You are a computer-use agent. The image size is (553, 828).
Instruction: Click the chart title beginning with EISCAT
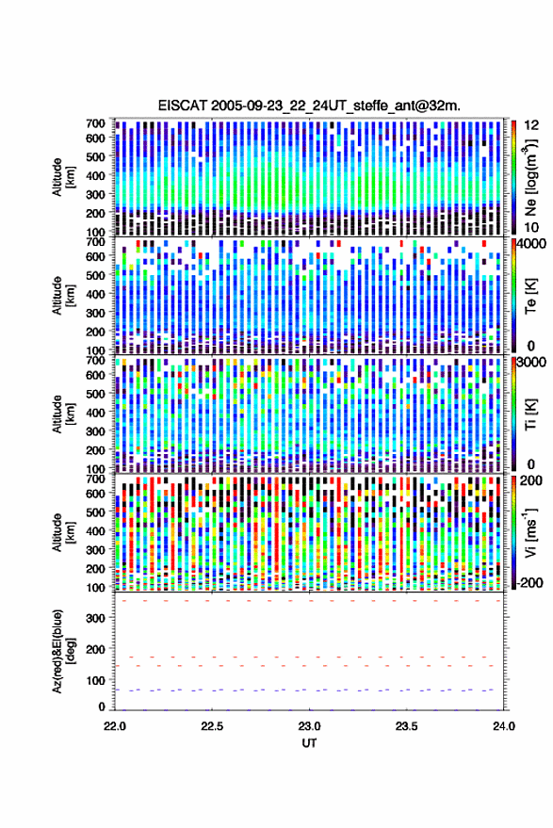[x=309, y=106]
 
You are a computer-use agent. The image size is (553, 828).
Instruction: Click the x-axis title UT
[x=309, y=743]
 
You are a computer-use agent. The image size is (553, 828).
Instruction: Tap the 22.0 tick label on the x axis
[x=115, y=726]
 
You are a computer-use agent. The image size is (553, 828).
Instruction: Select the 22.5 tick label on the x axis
[x=212, y=726]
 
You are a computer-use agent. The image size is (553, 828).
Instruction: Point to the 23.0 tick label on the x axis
[x=309, y=726]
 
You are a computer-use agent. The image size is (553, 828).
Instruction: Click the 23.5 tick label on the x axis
[x=406, y=726]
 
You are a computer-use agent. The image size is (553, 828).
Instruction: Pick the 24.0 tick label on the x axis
[x=504, y=726]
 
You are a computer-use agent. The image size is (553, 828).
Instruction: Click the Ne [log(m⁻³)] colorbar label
[x=530, y=177]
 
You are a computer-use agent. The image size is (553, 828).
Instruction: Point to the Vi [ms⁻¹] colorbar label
[x=530, y=532]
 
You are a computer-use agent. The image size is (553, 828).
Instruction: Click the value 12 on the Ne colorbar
[x=531, y=125]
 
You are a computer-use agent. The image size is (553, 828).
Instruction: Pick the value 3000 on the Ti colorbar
[x=531, y=363]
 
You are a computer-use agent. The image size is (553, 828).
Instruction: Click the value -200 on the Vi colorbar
[x=529, y=582]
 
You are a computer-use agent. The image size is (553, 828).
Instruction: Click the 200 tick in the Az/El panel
[x=95, y=649]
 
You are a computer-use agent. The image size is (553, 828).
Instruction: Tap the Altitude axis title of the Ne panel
[x=63, y=177]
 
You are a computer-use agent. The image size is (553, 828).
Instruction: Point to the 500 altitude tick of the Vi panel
[x=95, y=512]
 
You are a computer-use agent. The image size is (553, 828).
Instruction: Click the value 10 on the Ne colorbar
[x=531, y=228]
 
